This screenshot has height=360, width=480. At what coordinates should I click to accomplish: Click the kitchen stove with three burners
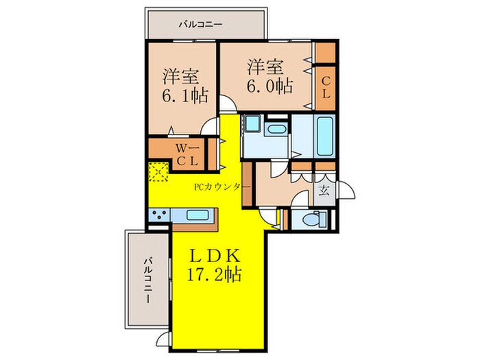click(x=159, y=215)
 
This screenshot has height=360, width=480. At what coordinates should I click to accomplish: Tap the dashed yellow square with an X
click(x=159, y=171)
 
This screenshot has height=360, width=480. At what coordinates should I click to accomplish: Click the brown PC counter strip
click(x=247, y=185)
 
